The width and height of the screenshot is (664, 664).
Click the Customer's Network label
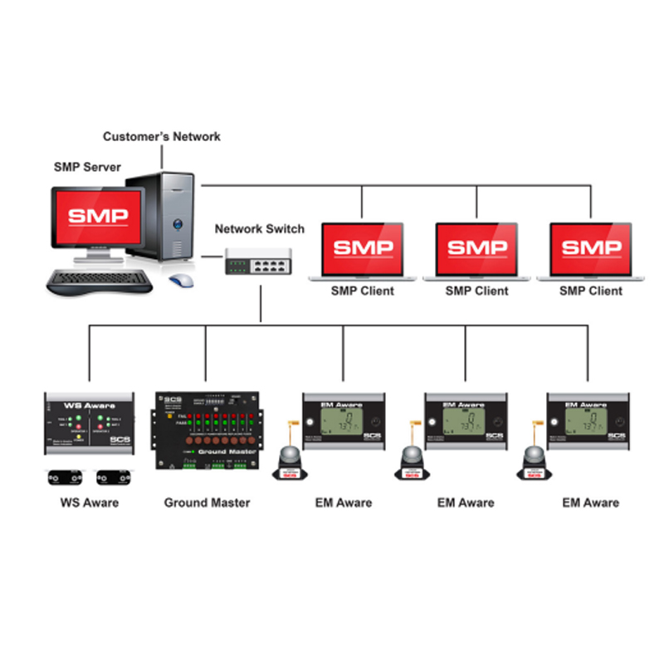(x=162, y=136)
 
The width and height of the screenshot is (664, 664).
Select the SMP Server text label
(x=87, y=167)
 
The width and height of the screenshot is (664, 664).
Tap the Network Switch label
(x=260, y=229)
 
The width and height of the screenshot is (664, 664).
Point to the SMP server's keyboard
(x=100, y=281)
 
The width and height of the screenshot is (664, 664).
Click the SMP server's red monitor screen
(x=98, y=217)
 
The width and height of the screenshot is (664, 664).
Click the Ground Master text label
(x=207, y=502)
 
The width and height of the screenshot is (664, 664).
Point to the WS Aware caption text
(x=89, y=502)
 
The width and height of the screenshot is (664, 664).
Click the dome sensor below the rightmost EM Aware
(x=534, y=461)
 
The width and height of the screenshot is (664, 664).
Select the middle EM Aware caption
(x=466, y=502)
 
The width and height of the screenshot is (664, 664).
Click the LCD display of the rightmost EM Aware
(x=586, y=422)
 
